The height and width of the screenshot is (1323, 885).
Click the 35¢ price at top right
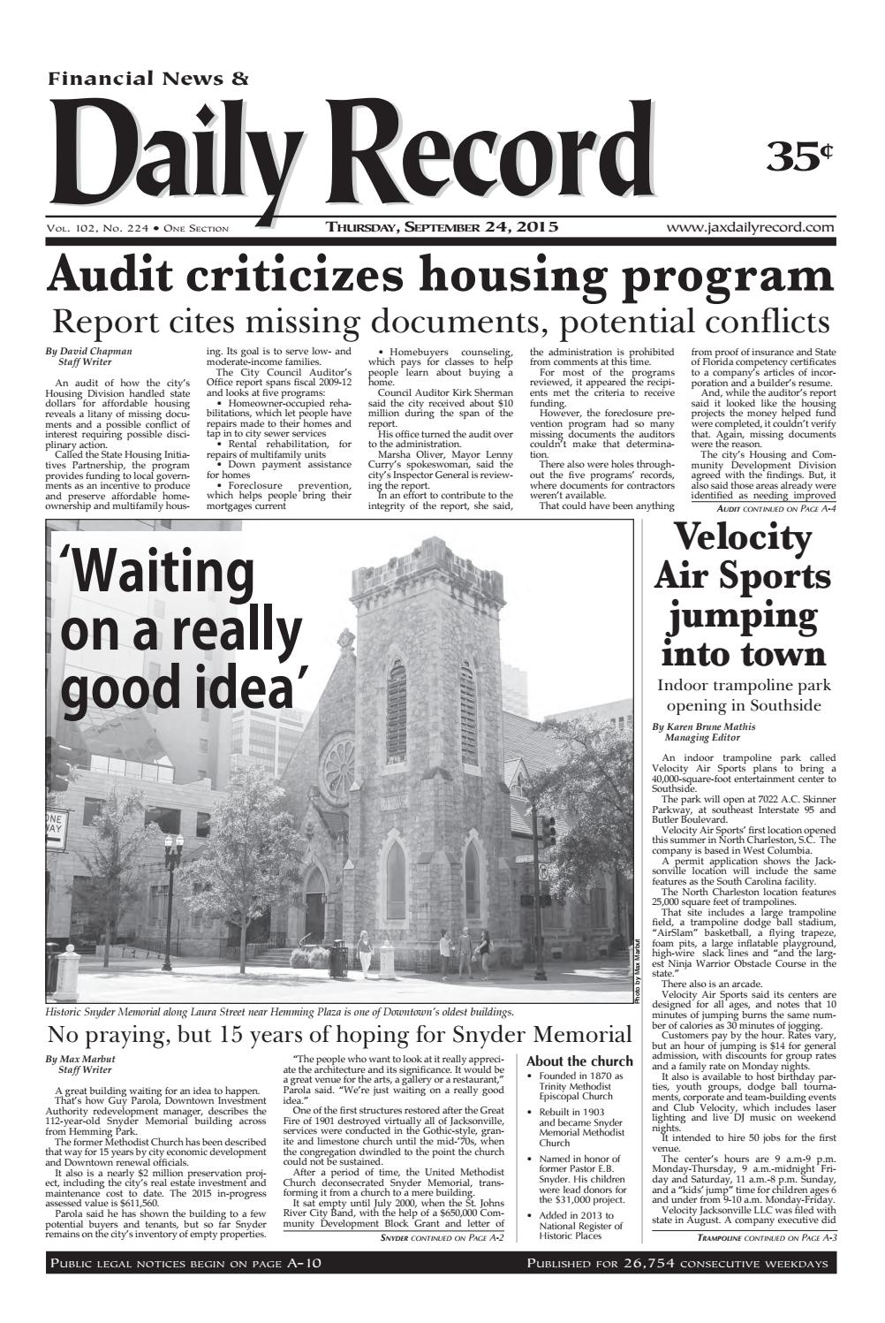point(799,156)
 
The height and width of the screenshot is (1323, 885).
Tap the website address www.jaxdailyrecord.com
point(751,227)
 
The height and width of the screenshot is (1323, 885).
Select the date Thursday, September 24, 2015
point(442,227)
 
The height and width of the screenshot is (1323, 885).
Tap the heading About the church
point(579,1061)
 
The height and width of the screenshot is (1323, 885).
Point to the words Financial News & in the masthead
point(148,80)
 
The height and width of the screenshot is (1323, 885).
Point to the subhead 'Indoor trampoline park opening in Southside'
point(743,696)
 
